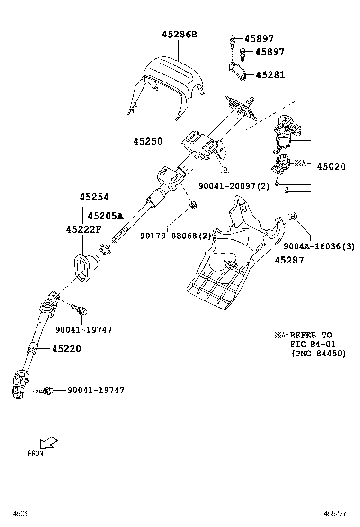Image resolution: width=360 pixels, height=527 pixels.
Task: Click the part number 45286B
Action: (x=180, y=34)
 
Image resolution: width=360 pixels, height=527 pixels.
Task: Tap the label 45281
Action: (x=270, y=75)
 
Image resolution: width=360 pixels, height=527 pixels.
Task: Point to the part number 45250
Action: (x=147, y=141)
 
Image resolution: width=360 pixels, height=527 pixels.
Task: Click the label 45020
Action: (x=331, y=167)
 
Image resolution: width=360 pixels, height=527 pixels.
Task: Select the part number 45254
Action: (x=94, y=197)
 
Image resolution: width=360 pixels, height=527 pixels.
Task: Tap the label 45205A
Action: (x=105, y=216)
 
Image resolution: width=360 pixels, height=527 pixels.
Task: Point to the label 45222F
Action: (x=83, y=229)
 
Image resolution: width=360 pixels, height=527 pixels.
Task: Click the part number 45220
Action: (x=66, y=349)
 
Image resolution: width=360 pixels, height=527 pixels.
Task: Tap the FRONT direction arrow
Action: (x=48, y=443)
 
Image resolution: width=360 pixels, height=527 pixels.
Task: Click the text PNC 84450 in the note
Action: (x=318, y=354)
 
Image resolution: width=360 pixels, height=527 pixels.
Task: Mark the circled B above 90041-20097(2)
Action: (x=225, y=170)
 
